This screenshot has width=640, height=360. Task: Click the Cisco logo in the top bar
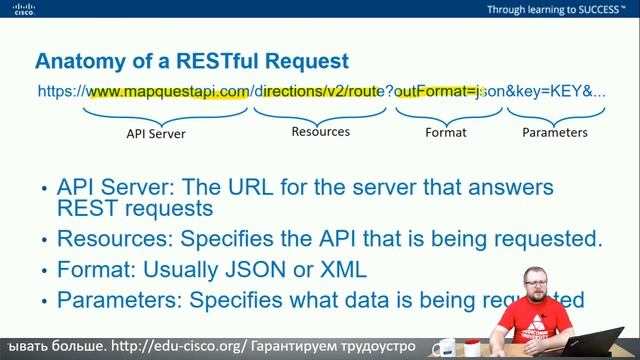(23, 10)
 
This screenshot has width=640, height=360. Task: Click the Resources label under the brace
(320, 131)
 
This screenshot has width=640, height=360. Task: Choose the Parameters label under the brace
(554, 132)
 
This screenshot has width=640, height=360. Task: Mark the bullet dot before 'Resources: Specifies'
(44, 241)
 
